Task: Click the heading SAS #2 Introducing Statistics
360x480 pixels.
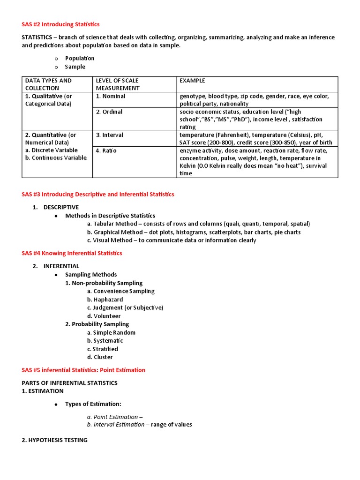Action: tap(60, 24)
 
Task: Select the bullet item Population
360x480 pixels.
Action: tap(80, 58)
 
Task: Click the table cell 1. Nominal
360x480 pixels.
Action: tap(111, 96)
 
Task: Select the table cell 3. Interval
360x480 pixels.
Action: tap(110, 135)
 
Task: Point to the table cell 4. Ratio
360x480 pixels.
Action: tap(106, 150)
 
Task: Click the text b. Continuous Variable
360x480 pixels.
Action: tap(56, 158)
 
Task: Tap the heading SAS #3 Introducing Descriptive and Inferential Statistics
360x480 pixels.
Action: tap(97, 194)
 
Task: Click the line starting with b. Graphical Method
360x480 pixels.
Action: tap(194, 232)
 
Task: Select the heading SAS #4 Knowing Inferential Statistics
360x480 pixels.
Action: tap(72, 253)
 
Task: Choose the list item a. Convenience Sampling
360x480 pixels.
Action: tap(120, 291)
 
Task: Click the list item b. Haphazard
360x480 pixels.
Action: tap(105, 300)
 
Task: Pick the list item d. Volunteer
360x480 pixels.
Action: tap(104, 316)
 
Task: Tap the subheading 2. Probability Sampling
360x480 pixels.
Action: tap(97, 324)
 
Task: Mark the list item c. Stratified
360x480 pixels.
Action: tap(102, 349)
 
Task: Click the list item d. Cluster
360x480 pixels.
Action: tap(100, 357)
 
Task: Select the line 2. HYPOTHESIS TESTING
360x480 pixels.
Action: tap(54, 440)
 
